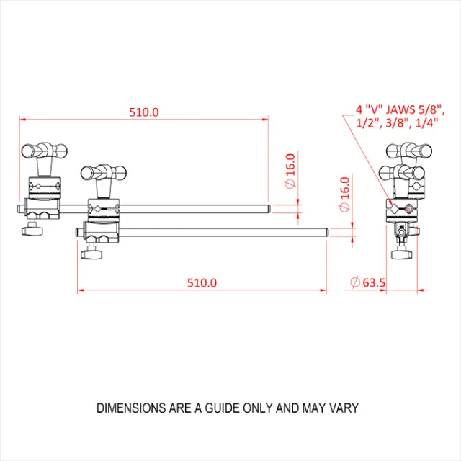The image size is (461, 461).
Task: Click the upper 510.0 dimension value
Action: pos(143,112)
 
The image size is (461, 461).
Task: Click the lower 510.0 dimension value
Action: pos(202,283)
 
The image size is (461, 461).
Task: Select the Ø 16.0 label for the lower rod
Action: pos(344,194)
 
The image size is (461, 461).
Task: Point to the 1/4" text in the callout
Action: pos(427,123)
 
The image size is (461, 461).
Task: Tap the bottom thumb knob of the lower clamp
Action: pos(91,254)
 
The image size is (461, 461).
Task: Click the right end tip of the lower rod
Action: pos(327,233)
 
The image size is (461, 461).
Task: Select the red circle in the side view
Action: pos(408,210)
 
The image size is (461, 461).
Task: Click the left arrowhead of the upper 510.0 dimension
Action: pos(22,119)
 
